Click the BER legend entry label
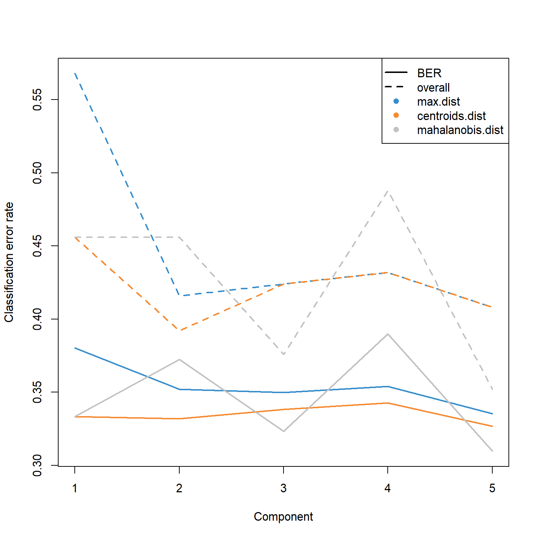(429, 73)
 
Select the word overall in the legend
(433, 88)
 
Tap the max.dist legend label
(438, 102)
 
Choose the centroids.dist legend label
(451, 116)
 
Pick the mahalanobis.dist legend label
(460, 130)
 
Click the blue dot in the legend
(396, 101)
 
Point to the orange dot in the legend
(396, 115)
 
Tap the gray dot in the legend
(396, 130)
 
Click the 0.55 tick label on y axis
(37, 100)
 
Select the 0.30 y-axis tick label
(37, 465)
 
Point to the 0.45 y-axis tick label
(37, 246)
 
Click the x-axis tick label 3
(284, 488)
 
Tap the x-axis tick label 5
(492, 488)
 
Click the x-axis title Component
(283, 517)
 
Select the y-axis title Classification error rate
(9, 262)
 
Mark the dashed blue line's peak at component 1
(75, 73)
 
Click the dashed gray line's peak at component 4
(388, 191)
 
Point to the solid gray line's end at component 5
(492, 451)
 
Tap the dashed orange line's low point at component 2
(179, 330)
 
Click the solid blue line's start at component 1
(75, 348)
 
